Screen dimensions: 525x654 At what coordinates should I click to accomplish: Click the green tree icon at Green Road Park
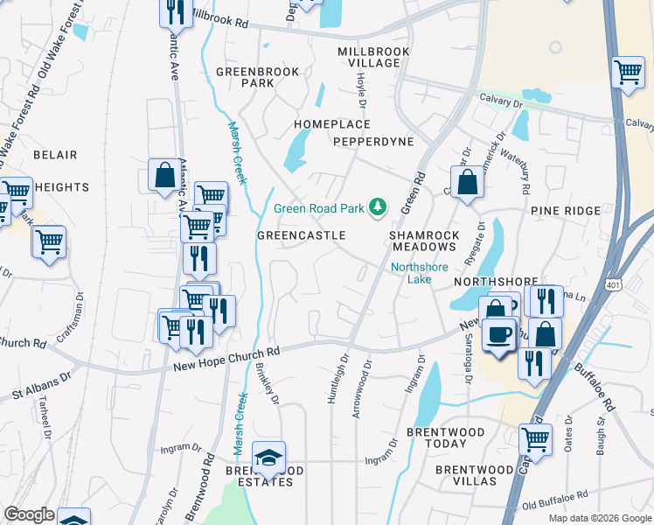[x=379, y=207]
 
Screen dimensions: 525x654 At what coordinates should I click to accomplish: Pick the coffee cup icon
[x=499, y=336]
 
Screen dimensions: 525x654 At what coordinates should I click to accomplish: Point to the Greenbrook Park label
[x=257, y=78]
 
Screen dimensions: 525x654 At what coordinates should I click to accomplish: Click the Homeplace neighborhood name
[x=331, y=125]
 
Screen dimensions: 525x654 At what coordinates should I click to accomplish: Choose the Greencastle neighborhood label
[x=301, y=236]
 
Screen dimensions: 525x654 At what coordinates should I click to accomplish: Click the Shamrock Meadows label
[x=424, y=241]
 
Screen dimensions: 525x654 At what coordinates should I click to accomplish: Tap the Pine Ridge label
[x=565, y=211]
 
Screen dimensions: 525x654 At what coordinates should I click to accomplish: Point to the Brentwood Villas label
[x=475, y=476]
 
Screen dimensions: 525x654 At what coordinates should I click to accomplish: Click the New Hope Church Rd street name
[x=226, y=356]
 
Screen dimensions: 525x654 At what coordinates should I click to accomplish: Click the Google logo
[x=29, y=514]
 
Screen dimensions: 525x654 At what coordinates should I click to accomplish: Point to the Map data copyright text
[x=599, y=518]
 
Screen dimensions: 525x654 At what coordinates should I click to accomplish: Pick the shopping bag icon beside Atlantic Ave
[x=163, y=175]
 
